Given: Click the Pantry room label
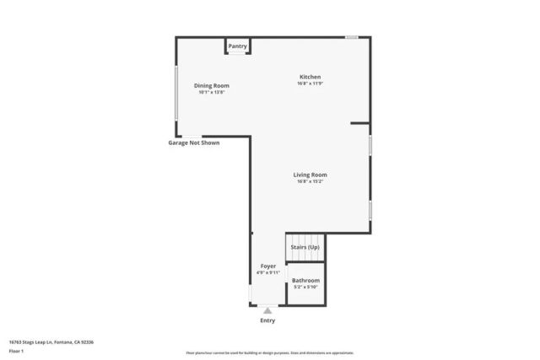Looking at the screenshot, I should (x=237, y=46).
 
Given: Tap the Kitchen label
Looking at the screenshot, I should (x=310, y=77).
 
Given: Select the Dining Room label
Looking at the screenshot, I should (x=212, y=85).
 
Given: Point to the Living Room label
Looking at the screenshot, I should (x=310, y=175).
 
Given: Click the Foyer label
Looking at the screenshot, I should (x=267, y=266).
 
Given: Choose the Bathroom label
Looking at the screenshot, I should (x=305, y=280).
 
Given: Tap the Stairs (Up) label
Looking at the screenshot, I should (x=305, y=247).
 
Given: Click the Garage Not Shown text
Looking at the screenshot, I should (x=193, y=142).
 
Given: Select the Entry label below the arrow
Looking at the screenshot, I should (x=267, y=320).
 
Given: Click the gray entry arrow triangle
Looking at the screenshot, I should (x=267, y=310).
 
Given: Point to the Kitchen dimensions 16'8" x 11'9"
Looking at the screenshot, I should (x=310, y=83).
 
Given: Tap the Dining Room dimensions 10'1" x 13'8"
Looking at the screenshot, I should (x=212, y=92).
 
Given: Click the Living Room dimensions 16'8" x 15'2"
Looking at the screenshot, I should (x=310, y=181).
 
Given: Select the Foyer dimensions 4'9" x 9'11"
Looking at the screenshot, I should (x=267, y=273).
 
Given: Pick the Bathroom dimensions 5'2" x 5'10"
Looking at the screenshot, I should (x=305, y=287).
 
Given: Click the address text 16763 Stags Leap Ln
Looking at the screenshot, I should (x=51, y=341).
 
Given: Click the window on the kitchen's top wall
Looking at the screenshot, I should (x=351, y=36).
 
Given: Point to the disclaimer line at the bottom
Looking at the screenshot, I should (x=270, y=353).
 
